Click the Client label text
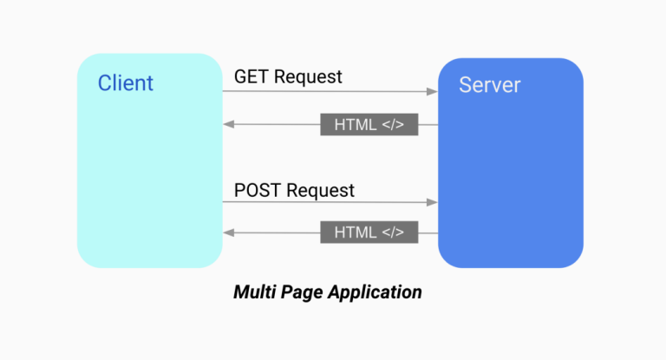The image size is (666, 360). (x=125, y=83)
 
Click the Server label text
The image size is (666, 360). (x=489, y=84)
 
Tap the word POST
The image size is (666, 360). (x=258, y=189)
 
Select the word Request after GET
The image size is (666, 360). (x=308, y=76)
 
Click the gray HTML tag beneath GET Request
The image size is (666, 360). (x=369, y=124)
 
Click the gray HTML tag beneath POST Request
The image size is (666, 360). (x=369, y=232)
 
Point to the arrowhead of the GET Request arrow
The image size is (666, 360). (x=433, y=90)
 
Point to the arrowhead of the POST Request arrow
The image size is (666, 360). (x=433, y=202)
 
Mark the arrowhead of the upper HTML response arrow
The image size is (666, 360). (x=228, y=124)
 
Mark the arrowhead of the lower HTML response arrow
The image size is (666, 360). (x=228, y=232)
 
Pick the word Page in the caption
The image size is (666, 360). (x=304, y=292)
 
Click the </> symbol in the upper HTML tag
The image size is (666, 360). (x=393, y=124)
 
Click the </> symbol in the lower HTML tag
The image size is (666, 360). (x=393, y=232)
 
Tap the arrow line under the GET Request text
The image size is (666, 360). (x=330, y=90)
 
